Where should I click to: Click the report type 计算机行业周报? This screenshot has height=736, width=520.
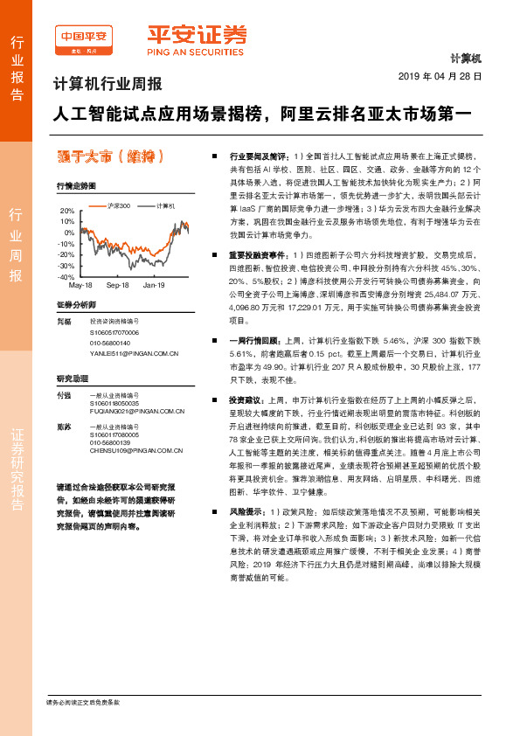(x=107, y=86)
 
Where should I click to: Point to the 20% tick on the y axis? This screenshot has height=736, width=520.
(x=67, y=212)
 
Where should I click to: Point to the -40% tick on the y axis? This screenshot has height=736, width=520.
(x=66, y=276)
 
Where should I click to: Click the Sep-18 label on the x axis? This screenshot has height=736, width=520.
(x=117, y=285)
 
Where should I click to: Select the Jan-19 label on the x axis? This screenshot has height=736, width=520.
(x=154, y=285)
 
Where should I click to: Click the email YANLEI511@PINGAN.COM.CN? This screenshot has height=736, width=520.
(x=134, y=353)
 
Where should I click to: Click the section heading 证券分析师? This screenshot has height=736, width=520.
(x=74, y=304)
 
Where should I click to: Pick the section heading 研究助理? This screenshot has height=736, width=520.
(x=72, y=378)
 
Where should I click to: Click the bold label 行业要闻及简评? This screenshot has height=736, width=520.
(x=259, y=153)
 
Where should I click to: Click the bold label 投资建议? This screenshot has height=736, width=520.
(x=247, y=399)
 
